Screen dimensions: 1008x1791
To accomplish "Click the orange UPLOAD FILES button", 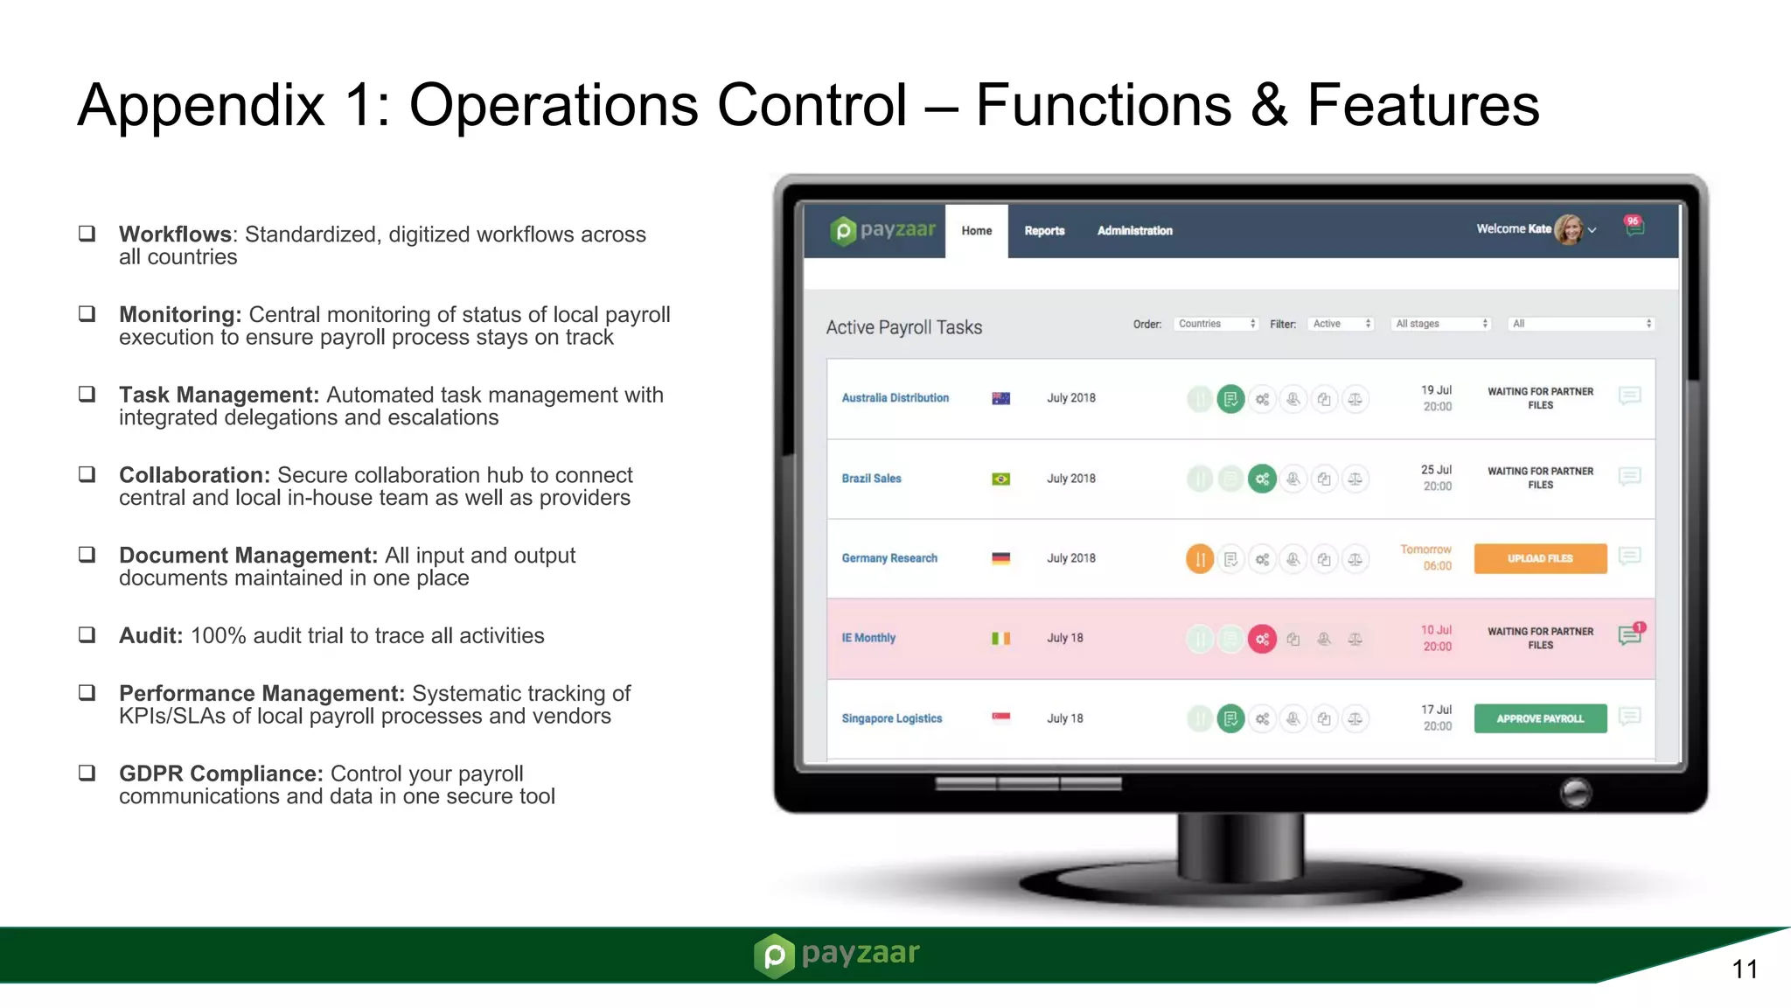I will click(x=1540, y=558).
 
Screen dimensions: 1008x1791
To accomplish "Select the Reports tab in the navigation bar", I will click(x=1044, y=231).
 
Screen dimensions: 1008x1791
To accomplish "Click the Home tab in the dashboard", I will click(x=976, y=231).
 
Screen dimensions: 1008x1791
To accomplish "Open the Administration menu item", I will click(x=1134, y=231).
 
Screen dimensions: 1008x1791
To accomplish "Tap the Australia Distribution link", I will click(x=895, y=398).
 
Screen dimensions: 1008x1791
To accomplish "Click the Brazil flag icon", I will click(x=1000, y=479).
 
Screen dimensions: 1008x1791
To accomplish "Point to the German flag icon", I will click(x=1000, y=558).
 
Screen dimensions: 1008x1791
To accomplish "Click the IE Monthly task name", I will click(x=868, y=638).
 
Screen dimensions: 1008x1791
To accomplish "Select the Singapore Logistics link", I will click(x=891, y=718).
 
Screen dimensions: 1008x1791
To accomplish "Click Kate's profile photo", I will click(x=1568, y=230).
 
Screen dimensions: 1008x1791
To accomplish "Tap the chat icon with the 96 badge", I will click(x=1634, y=227).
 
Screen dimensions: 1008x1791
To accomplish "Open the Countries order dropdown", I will click(x=1216, y=324).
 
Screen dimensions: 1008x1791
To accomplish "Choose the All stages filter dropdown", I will click(x=1441, y=324).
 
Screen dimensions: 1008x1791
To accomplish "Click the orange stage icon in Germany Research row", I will click(x=1200, y=558).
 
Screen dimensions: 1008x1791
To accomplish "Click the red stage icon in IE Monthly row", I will click(x=1262, y=639).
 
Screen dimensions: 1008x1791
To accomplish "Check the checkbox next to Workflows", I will click(x=87, y=233).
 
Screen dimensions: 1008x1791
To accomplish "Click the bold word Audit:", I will click(x=150, y=636).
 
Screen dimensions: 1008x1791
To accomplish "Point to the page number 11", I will click(x=1744, y=969).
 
